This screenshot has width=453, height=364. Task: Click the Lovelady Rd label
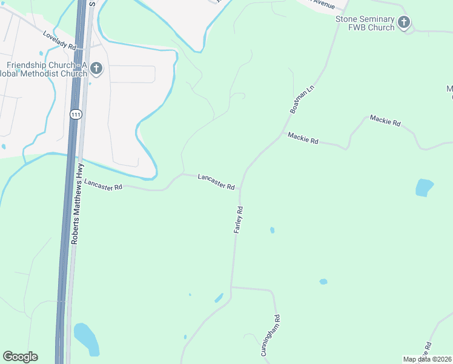click(x=59, y=41)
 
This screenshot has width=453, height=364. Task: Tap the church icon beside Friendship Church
click(x=97, y=69)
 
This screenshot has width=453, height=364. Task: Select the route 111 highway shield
click(x=75, y=115)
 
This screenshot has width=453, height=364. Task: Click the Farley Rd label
click(x=238, y=220)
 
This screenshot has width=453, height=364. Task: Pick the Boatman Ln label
click(x=303, y=99)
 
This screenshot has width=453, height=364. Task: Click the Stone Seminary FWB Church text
click(x=365, y=24)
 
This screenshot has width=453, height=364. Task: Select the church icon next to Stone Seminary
click(x=404, y=24)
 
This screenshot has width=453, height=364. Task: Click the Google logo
click(x=20, y=357)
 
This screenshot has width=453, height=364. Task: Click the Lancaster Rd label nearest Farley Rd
click(x=216, y=181)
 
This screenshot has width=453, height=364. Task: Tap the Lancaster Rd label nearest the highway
click(x=104, y=184)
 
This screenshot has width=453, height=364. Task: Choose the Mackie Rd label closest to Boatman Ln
click(x=303, y=138)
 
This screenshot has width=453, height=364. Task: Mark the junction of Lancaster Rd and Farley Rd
click(x=240, y=188)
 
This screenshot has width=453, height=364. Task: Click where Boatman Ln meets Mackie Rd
click(x=281, y=134)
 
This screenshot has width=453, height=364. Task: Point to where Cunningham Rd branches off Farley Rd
click(x=231, y=287)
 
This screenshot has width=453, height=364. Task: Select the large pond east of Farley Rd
click(x=425, y=187)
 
